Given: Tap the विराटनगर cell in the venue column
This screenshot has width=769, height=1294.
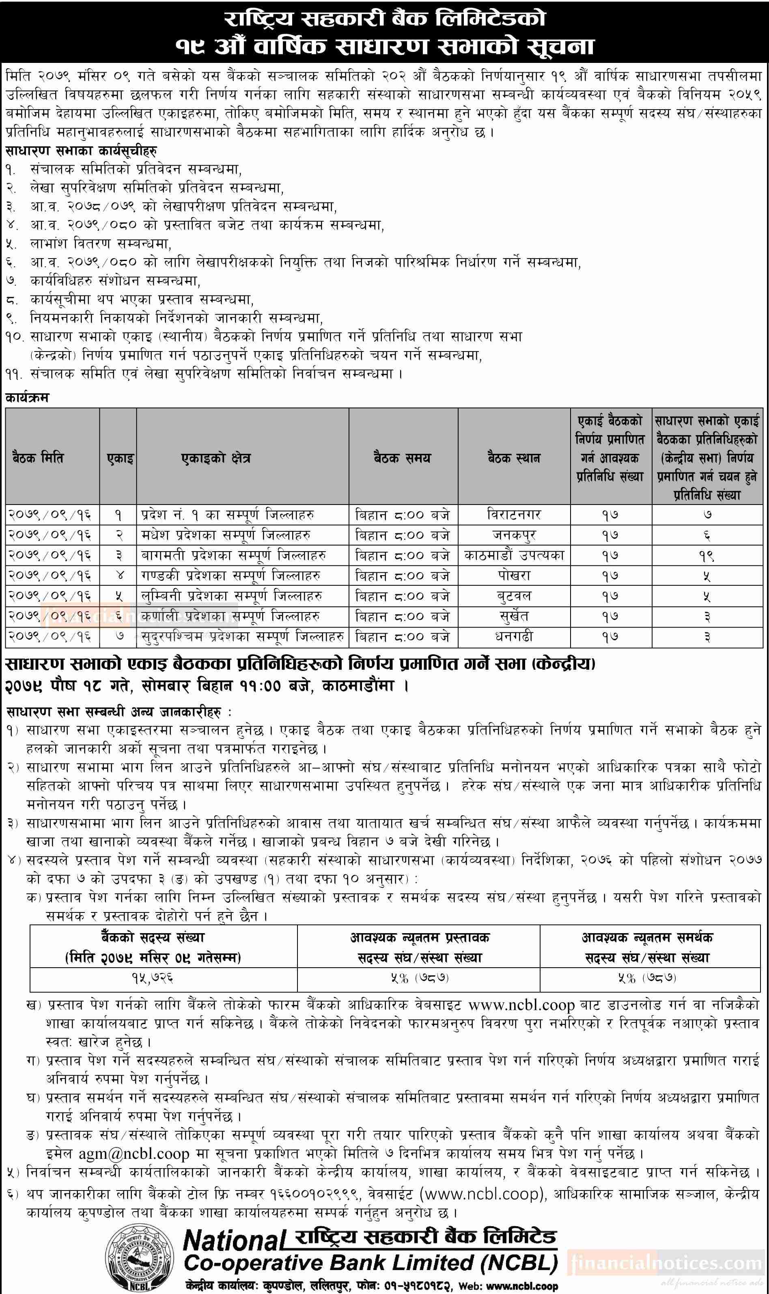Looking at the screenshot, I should click(514, 515).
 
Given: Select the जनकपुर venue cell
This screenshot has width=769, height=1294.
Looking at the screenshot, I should click(514, 535).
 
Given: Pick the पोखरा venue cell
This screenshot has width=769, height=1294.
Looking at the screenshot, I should click(514, 576).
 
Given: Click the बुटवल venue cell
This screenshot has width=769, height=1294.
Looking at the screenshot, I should click(514, 596).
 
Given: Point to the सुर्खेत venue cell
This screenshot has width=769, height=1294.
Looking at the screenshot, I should click(514, 617).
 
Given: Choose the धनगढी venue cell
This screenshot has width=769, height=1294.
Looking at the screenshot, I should click(514, 637).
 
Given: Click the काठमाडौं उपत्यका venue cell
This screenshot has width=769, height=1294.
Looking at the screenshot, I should click(514, 556).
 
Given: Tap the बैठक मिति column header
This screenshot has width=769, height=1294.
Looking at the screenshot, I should click(38, 458).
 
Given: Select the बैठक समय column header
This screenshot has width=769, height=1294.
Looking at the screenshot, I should click(402, 458).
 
